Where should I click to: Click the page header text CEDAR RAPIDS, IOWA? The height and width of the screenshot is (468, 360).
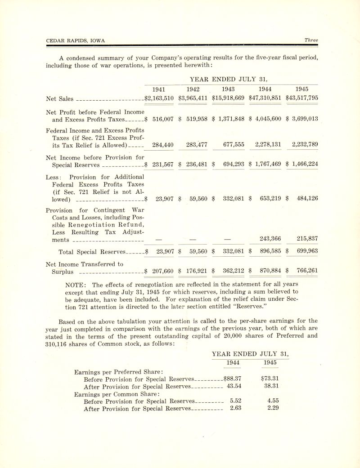(x=76, y=40)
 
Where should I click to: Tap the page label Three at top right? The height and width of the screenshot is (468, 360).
(x=311, y=40)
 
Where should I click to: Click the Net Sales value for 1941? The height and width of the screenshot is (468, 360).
(x=159, y=98)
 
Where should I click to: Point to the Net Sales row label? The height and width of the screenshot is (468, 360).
(x=60, y=98)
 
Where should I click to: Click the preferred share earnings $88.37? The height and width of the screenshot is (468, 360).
(x=233, y=379)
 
